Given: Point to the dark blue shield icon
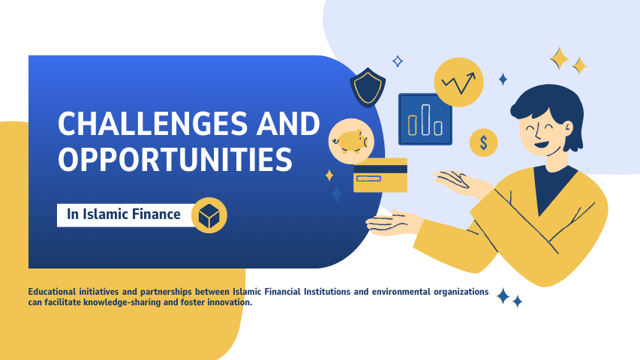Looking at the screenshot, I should coord(368,88).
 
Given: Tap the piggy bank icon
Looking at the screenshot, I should coord(350,140).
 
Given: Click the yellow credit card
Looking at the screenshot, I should coord(380,175).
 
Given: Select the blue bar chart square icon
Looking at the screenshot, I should coord(425,119).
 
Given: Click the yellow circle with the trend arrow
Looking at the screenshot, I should coord(458,82).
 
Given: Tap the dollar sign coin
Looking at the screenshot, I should coord(484,142).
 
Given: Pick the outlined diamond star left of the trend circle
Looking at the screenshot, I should coord(398,61).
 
